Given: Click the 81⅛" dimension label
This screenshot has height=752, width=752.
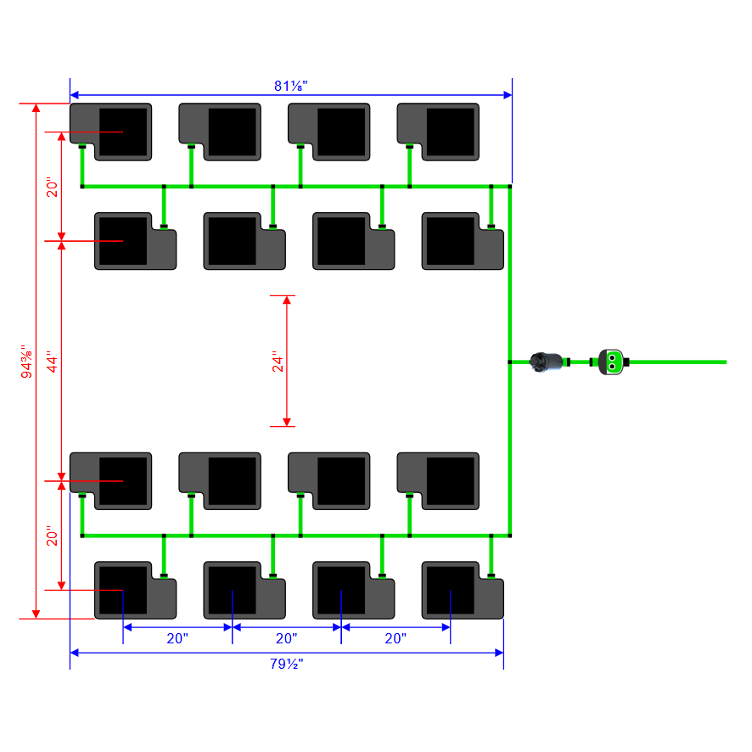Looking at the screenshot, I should (x=290, y=86).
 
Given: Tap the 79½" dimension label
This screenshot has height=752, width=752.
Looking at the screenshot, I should (x=286, y=664).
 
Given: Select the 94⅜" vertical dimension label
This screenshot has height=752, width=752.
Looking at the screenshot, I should (x=26, y=362).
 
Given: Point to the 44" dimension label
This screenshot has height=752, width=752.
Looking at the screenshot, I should (x=53, y=362).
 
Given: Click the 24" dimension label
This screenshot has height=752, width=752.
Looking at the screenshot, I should (x=277, y=362).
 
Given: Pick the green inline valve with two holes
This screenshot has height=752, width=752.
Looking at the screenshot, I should (x=611, y=362).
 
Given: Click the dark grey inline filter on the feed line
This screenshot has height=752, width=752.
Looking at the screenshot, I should (x=547, y=362).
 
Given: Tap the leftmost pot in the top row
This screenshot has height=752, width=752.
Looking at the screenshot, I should (x=111, y=132).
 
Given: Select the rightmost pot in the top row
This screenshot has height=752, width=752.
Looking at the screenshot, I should (x=439, y=132).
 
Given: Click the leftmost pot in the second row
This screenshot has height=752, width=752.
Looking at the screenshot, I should (x=136, y=241).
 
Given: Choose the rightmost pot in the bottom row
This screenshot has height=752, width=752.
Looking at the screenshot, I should (x=463, y=591).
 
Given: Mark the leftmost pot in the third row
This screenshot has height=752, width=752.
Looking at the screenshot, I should (x=111, y=481).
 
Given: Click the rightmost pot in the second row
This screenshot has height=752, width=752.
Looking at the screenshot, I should (x=463, y=241).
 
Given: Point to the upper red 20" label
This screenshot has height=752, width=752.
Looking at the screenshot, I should (x=53, y=188).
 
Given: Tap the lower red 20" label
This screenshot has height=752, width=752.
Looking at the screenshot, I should (x=53, y=536).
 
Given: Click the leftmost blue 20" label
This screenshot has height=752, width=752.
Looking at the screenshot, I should (x=177, y=638).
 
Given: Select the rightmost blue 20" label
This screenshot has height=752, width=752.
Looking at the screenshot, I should (x=396, y=638).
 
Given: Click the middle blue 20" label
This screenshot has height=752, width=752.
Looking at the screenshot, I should (x=287, y=638).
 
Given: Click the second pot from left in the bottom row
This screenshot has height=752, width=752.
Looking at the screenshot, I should (x=244, y=591).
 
